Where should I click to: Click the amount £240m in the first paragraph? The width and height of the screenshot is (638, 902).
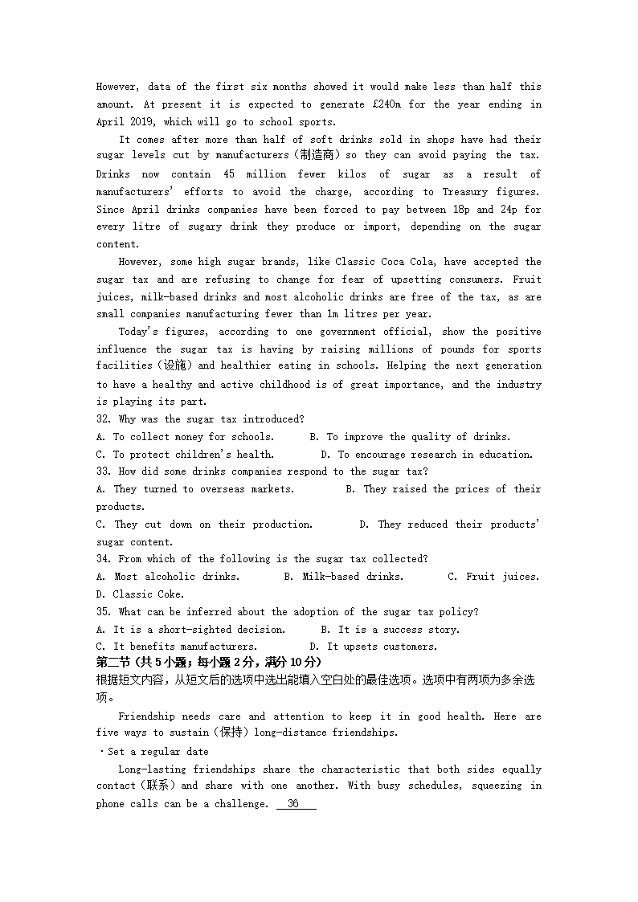[x=391, y=104]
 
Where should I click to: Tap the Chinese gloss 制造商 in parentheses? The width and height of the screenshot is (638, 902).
[x=316, y=156]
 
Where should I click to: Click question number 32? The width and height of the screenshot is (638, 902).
[x=104, y=419]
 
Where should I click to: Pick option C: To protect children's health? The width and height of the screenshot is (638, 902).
[x=185, y=455]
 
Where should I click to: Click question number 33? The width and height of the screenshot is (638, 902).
[x=104, y=471]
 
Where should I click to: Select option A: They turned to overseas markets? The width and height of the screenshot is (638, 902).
[x=195, y=489]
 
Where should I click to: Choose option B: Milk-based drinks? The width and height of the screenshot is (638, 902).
[x=344, y=577]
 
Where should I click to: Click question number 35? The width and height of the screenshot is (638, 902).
[x=104, y=612]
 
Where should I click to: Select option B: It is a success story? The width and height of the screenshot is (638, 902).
[x=391, y=630]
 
